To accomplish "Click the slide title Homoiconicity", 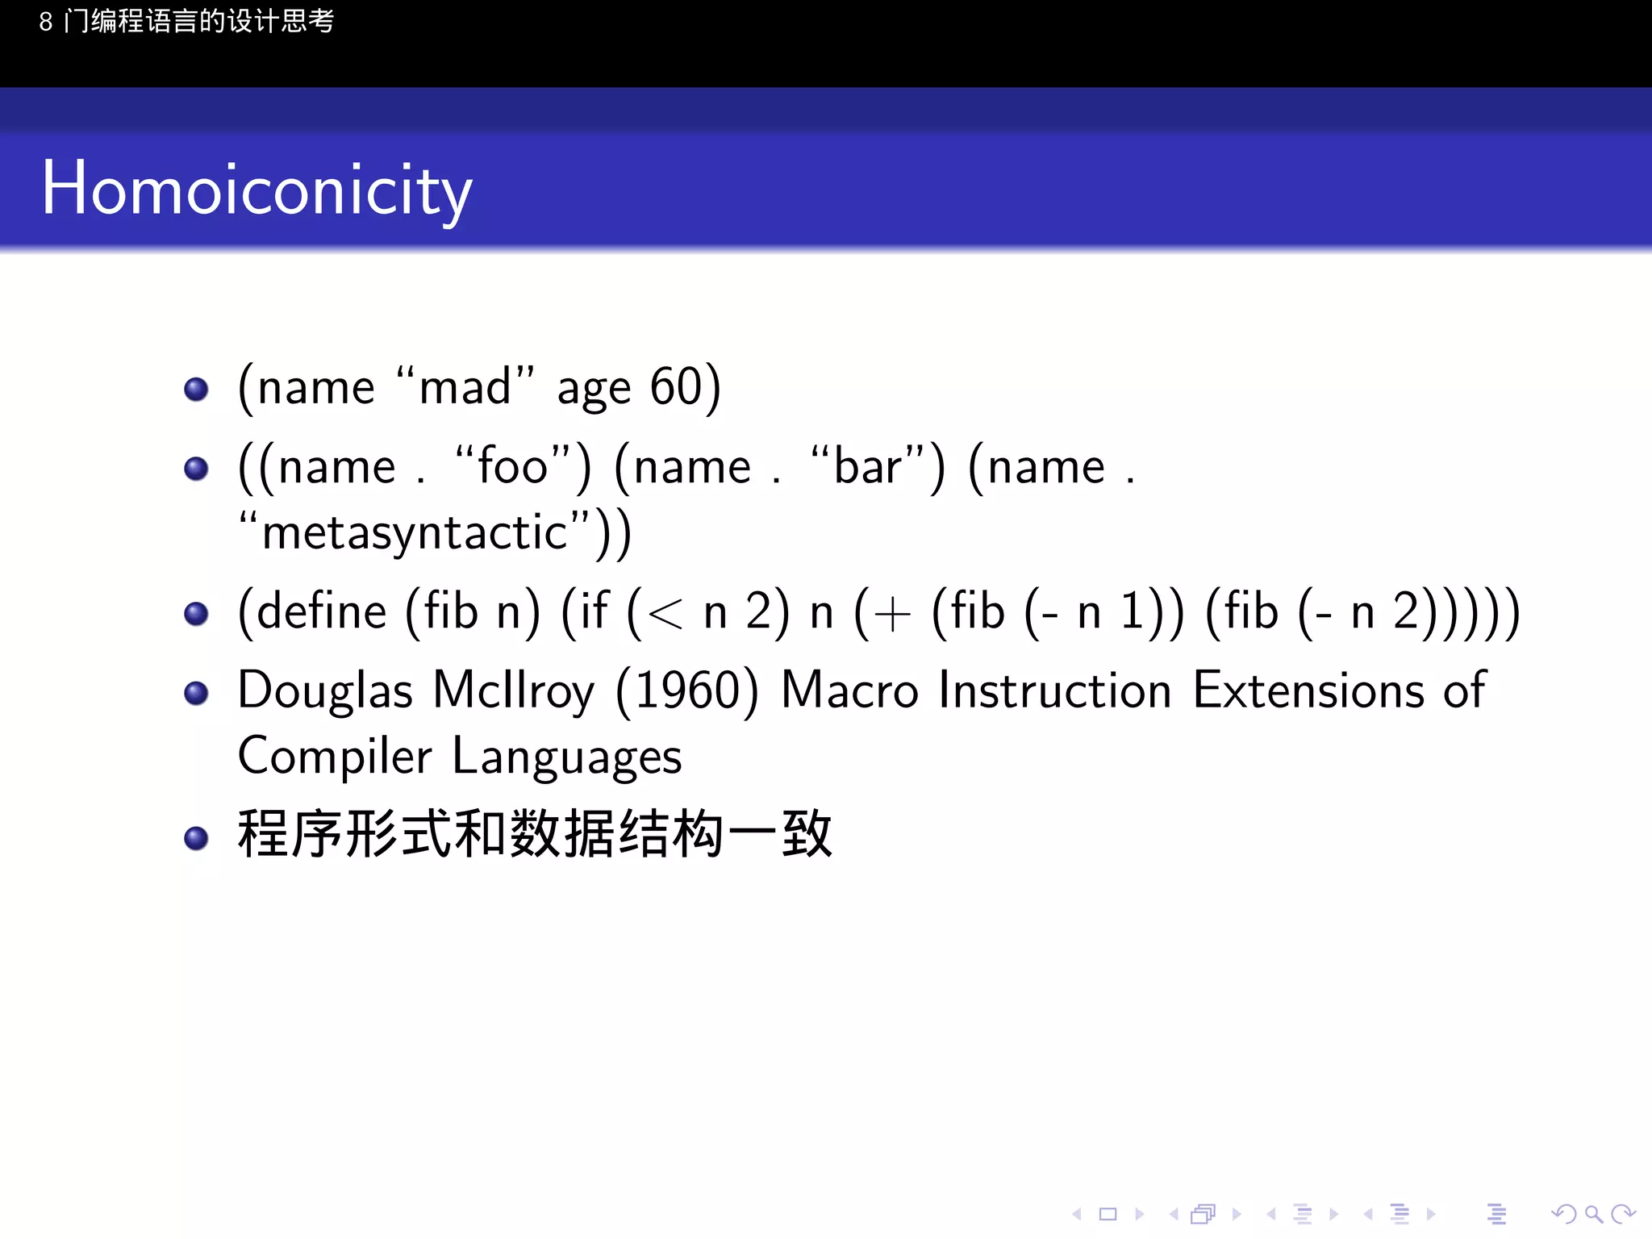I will tap(257, 190).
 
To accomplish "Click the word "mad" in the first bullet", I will tap(465, 387).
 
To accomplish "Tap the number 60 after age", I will tap(677, 386).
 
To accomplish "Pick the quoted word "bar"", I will tap(867, 466).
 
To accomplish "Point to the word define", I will tap(322, 611).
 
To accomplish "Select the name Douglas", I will tap(325, 691).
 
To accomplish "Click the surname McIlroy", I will tap(514, 691).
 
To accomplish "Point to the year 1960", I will tap(687, 691).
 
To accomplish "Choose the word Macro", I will tap(849, 691).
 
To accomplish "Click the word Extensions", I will tap(1308, 691).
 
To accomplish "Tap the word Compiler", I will tap(335, 757).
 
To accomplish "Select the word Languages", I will tap(567, 757).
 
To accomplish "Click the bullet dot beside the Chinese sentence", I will tap(196, 838).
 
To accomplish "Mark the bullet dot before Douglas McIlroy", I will tap(196, 693).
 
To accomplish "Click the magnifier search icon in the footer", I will tap(1592, 1214).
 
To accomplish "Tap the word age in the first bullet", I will tap(594, 389).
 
